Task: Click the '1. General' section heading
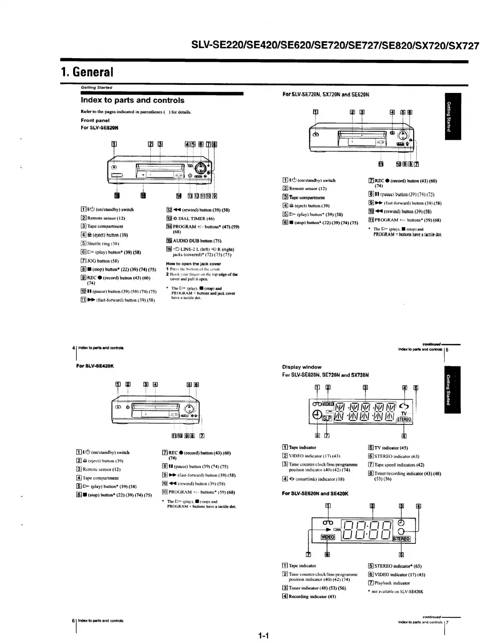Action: pyautogui.click(x=87, y=72)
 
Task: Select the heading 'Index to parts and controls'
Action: pyautogui.click(x=132, y=100)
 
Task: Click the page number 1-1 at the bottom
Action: pyautogui.click(x=263, y=636)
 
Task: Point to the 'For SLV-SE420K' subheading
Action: pyautogui.click(x=95, y=366)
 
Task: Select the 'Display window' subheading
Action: pyautogui.click(x=302, y=367)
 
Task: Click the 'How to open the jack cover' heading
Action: pyautogui.click(x=193, y=263)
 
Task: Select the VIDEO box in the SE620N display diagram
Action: pyautogui.click(x=328, y=537)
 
